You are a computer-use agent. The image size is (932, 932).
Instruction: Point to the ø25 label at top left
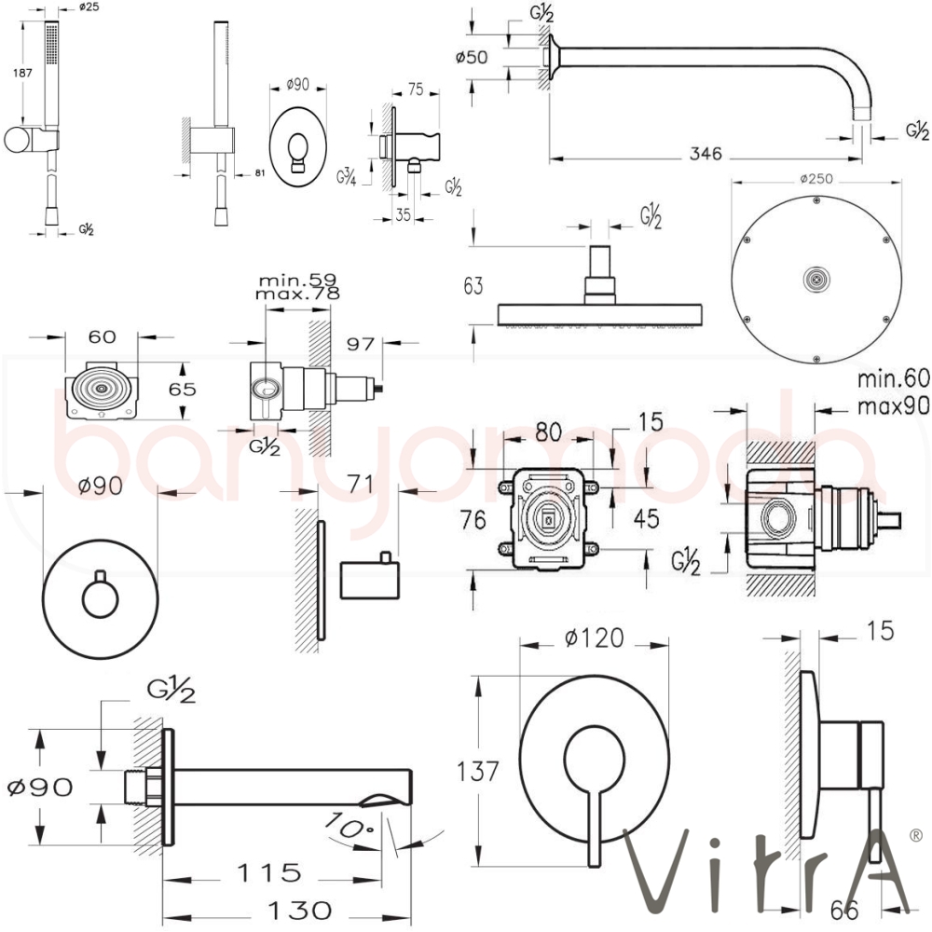(x=89, y=7)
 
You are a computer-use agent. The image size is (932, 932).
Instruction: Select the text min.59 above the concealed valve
(x=298, y=278)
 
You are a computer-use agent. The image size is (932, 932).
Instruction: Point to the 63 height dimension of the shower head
(x=474, y=285)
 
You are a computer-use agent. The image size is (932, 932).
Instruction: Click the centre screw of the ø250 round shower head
(x=817, y=278)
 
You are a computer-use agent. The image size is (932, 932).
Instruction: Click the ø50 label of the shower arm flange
(x=473, y=57)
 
